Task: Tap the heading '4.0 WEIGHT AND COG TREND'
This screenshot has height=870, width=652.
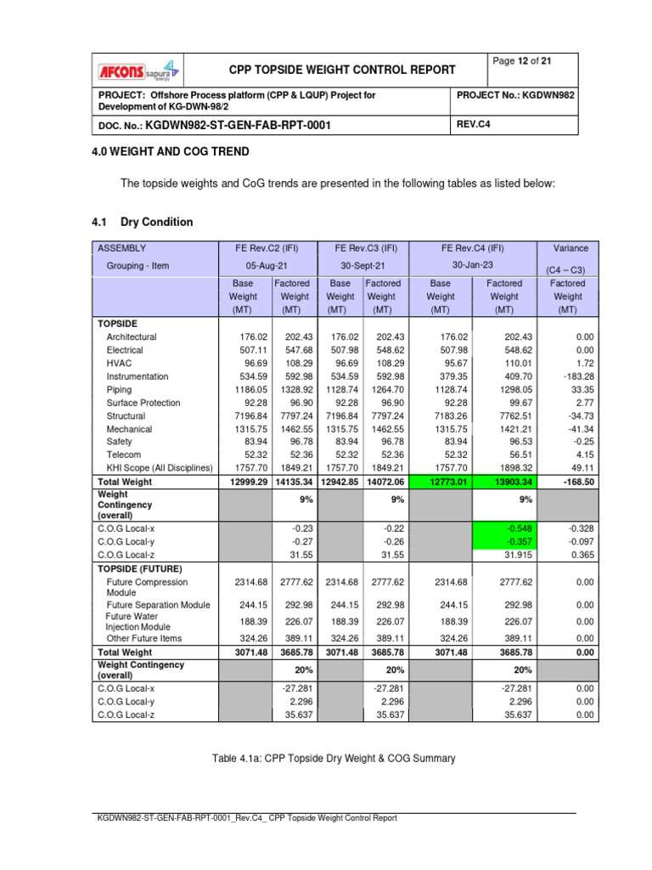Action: coord(171,152)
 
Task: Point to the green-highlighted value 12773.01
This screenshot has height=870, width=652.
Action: coord(440,483)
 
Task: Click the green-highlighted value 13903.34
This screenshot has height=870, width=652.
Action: coord(504,483)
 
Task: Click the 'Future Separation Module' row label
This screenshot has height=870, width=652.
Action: coord(159,605)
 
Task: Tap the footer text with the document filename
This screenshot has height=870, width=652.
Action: coord(247,818)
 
